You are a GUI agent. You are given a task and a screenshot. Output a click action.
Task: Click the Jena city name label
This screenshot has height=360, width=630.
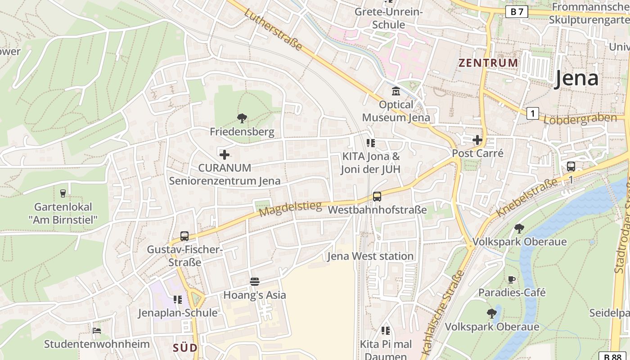click(576, 78)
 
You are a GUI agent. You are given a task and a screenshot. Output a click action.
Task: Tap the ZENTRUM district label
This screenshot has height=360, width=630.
click(488, 63)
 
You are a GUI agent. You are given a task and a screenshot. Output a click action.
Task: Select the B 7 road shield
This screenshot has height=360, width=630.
click(517, 12)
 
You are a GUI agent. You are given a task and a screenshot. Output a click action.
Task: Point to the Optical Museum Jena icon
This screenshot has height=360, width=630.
click(396, 91)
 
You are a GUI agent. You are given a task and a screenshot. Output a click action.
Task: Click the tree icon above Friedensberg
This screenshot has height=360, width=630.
click(242, 118)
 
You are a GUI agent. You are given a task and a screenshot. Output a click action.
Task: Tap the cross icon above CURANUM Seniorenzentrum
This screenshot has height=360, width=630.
click(225, 155)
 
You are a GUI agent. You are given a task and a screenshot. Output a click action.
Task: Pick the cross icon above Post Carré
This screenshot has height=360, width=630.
click(477, 140)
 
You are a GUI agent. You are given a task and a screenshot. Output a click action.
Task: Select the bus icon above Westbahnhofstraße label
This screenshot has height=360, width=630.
click(377, 197)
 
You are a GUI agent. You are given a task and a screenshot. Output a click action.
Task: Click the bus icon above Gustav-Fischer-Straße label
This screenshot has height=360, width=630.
click(184, 236)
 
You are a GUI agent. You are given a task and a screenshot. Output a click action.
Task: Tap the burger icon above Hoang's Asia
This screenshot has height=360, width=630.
click(255, 282)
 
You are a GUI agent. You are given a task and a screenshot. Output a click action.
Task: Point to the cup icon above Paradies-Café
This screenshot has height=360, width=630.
click(512, 279)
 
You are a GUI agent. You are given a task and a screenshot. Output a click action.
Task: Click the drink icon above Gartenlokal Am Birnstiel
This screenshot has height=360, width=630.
click(63, 193)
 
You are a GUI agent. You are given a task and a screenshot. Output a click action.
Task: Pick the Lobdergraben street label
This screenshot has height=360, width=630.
click(580, 119)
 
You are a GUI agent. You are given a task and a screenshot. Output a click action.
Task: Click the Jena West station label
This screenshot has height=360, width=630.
click(370, 256)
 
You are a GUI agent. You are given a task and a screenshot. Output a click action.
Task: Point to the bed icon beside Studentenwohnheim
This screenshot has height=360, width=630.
click(97, 331)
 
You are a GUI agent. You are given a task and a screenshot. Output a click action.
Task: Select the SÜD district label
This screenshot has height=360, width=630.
click(185, 348)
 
